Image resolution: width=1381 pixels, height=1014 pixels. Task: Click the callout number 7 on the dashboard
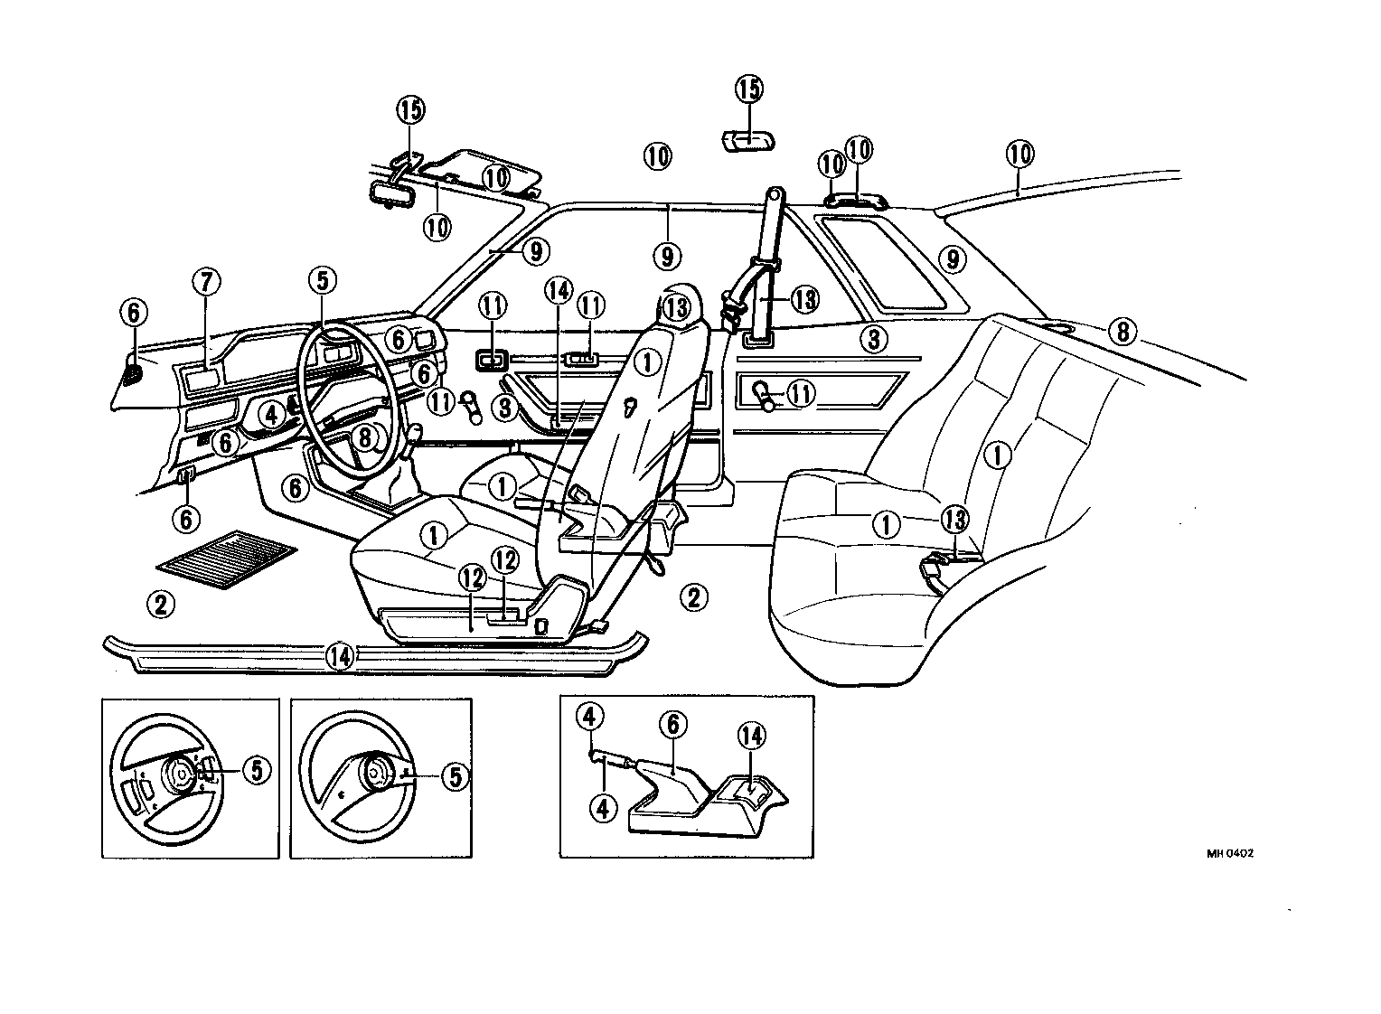point(205,283)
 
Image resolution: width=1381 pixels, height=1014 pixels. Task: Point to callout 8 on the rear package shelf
point(1122,332)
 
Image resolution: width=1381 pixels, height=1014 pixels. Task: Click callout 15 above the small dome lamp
point(748,89)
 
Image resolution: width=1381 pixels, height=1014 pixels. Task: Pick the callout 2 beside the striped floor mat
point(160,604)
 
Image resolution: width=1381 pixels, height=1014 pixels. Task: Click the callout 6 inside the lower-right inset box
point(672,724)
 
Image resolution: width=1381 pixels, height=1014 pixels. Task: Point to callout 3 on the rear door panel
point(872,339)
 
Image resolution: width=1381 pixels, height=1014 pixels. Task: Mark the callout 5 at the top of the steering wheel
point(323,281)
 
